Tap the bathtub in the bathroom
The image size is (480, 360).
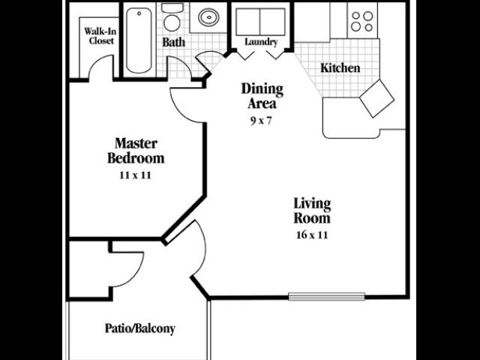139,41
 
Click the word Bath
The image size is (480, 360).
174,42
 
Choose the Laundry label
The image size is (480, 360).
260,42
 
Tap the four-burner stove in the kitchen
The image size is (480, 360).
362,21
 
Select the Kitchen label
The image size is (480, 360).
340,68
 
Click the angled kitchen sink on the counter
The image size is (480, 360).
376,98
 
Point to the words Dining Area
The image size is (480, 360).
262,96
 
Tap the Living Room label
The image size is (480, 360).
312,211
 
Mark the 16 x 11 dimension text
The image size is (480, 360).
312,235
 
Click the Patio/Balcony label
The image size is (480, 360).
139,328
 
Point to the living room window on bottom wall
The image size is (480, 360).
326,297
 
